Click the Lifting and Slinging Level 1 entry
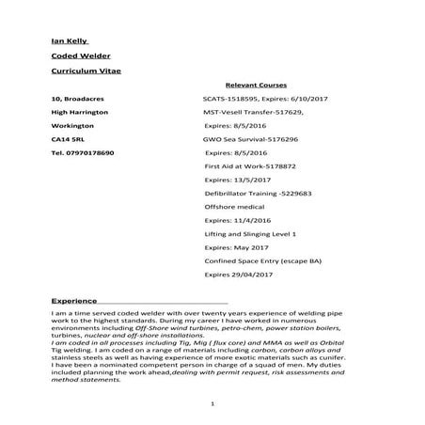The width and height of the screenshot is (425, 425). point(250,232)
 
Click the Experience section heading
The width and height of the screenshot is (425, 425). point(74,300)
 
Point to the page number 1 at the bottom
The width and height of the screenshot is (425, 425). point(214,404)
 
